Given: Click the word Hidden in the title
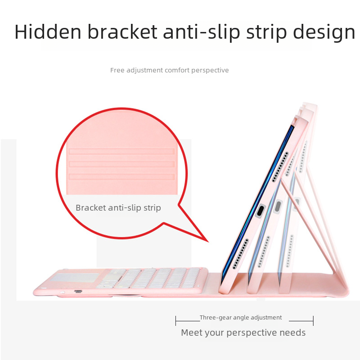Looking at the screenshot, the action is pyautogui.click(x=48, y=31).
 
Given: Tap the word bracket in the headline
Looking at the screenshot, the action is pyautogui.click(x=122, y=31).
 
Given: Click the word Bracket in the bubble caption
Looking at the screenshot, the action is pyautogui.click(x=91, y=207).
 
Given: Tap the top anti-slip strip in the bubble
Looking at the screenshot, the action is pyautogui.click(x=121, y=151).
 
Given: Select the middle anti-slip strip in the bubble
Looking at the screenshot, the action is pyautogui.click(x=121, y=164).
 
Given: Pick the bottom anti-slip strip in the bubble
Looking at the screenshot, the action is pyautogui.click(x=121, y=176).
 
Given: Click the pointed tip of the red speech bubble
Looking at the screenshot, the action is pyautogui.click(x=208, y=242).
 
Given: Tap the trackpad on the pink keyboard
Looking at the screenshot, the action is pyautogui.click(x=75, y=277).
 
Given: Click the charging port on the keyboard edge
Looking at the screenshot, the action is pyautogui.click(x=78, y=291).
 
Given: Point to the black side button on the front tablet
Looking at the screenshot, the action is pyautogui.click(x=261, y=211).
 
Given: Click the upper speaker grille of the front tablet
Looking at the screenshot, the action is pyautogui.click(x=280, y=167).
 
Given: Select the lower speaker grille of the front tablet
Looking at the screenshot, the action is pyautogui.click(x=241, y=254).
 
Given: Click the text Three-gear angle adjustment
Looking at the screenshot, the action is pyautogui.click(x=241, y=318).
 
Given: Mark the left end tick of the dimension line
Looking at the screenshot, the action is pyautogui.click(x=175, y=321).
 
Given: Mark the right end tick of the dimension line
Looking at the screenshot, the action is pyautogui.click(x=313, y=321).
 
